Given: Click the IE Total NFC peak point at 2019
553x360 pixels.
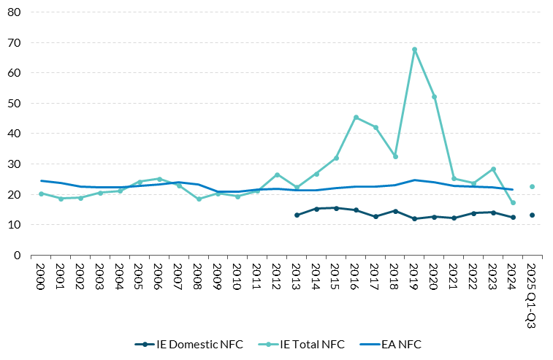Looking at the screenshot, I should (414, 50).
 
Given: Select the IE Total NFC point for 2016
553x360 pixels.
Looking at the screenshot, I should (356, 118).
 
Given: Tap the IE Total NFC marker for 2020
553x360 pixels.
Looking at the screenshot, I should (434, 97).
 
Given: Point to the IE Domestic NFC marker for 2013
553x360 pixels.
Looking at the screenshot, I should (297, 215).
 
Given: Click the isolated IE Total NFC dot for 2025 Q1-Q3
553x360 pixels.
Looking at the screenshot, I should (533, 187).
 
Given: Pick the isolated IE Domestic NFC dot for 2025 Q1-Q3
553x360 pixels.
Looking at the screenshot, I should (533, 215).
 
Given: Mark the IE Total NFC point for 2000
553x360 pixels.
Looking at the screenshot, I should (41, 194).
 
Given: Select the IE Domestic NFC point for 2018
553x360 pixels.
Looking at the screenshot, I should (395, 211).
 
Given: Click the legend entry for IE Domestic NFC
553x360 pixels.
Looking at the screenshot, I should (188, 343).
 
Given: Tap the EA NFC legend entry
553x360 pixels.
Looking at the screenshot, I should (394, 343).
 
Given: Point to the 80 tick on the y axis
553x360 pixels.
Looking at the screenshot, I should (15, 12).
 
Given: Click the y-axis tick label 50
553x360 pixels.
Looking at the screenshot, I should (15, 104).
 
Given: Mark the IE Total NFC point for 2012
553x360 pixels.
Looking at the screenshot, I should (277, 175).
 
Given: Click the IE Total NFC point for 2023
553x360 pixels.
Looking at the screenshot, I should (493, 169).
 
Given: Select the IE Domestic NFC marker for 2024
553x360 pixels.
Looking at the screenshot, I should (513, 218).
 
